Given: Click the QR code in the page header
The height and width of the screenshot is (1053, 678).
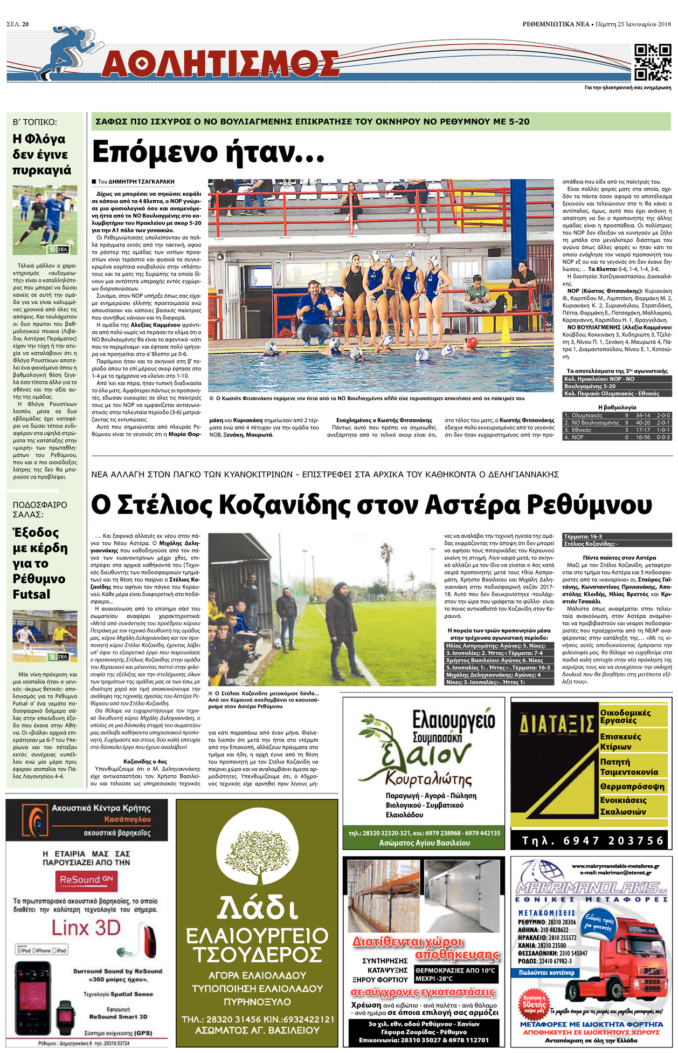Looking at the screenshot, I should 652,62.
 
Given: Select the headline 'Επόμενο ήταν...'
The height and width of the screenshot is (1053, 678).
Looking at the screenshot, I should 208,152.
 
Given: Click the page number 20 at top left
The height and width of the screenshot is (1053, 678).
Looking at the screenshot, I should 25,24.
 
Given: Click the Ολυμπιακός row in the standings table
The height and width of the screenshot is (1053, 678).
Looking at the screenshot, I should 617,415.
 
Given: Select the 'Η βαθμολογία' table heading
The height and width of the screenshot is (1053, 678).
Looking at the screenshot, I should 617,407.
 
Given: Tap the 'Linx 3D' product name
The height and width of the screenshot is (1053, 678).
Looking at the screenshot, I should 86,928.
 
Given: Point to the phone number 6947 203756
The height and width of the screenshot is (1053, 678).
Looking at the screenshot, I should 593,840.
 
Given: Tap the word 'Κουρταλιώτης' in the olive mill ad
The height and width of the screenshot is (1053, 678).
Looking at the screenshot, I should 428,780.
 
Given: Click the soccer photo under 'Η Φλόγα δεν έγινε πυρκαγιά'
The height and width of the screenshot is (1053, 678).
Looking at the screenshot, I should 45,220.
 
